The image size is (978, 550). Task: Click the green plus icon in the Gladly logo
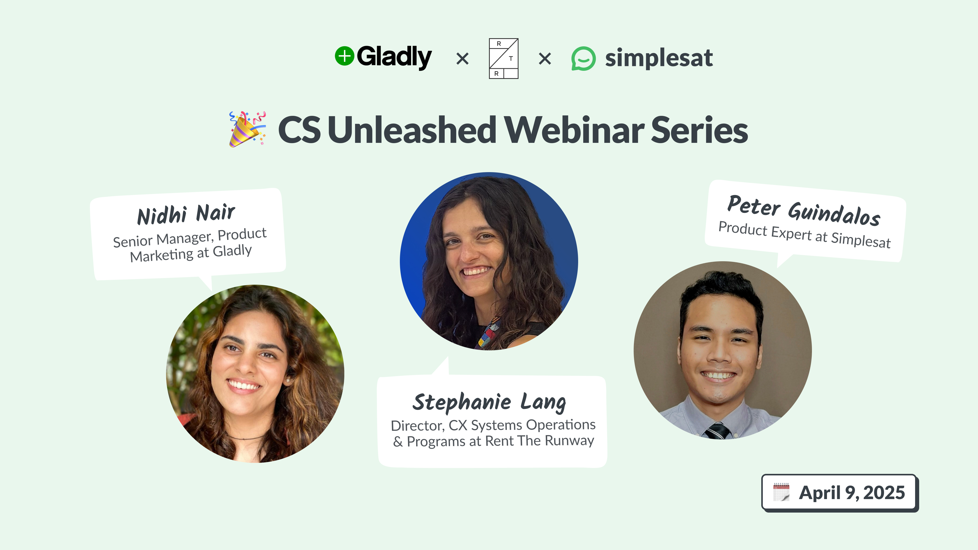click(344, 56)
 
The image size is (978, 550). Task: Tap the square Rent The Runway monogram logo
click(504, 59)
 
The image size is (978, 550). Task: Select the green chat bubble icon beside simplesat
click(583, 59)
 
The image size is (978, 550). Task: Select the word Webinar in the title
click(574, 130)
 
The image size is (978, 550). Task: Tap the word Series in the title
click(699, 130)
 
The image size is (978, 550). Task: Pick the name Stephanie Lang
click(489, 402)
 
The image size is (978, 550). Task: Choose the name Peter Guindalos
click(804, 211)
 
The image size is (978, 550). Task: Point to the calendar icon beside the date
click(781, 492)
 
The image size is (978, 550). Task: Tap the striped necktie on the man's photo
click(717, 431)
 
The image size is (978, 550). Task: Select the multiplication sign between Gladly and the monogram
click(463, 59)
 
